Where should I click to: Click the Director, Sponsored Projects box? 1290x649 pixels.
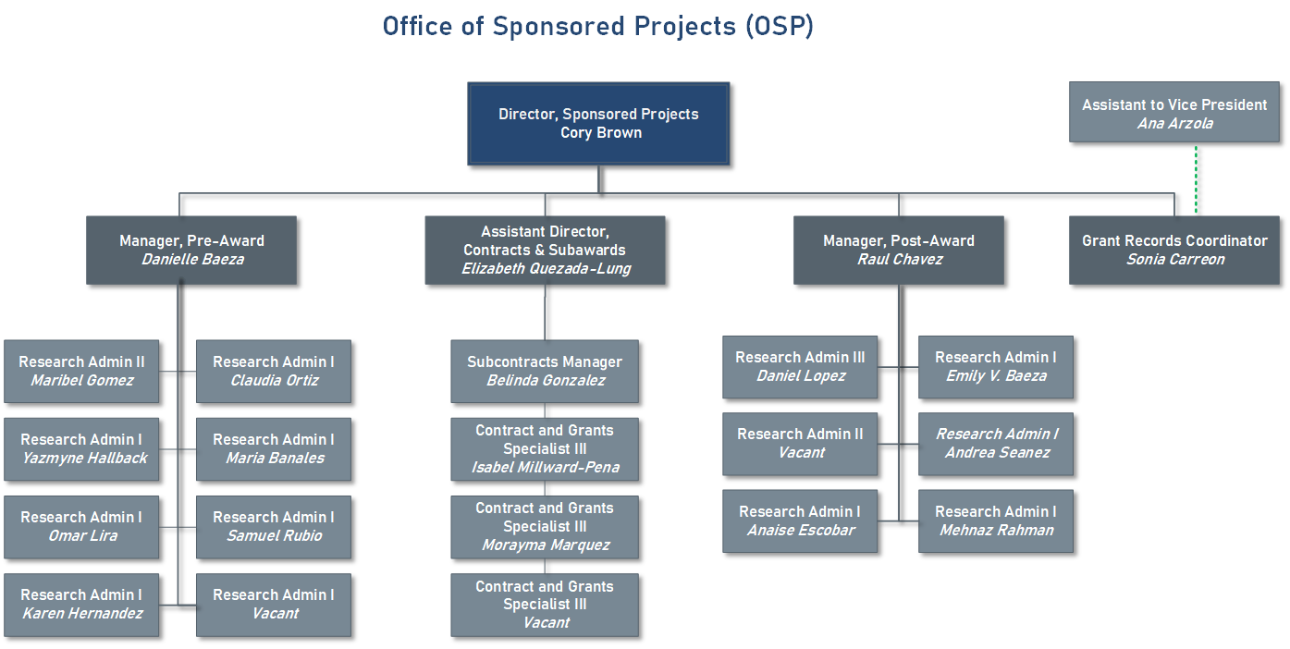[598, 124]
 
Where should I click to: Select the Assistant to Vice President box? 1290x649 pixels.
[1174, 113]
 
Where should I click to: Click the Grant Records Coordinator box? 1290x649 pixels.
[1174, 250]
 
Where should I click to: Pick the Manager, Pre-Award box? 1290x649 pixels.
[191, 250]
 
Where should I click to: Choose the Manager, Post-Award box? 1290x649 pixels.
[898, 250]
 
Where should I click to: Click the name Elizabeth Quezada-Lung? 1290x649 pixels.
[546, 268]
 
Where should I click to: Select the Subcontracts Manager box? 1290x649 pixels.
[545, 371]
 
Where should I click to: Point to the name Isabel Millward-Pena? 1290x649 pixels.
[546, 468]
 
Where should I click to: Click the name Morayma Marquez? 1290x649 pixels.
[546, 545]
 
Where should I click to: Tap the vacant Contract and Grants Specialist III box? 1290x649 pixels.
[545, 605]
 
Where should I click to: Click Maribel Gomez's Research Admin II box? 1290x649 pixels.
[81, 371]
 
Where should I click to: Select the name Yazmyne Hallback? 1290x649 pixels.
[84, 458]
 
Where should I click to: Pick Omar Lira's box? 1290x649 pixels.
[81, 527]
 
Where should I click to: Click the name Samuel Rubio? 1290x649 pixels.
[275, 535]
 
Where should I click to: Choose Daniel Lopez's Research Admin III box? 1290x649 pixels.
[800, 367]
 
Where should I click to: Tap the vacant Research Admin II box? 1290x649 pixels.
[800, 444]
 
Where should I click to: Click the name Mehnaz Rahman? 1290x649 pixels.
[996, 530]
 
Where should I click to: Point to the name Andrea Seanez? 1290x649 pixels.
[997, 453]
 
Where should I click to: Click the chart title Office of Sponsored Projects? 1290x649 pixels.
[598, 26]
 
